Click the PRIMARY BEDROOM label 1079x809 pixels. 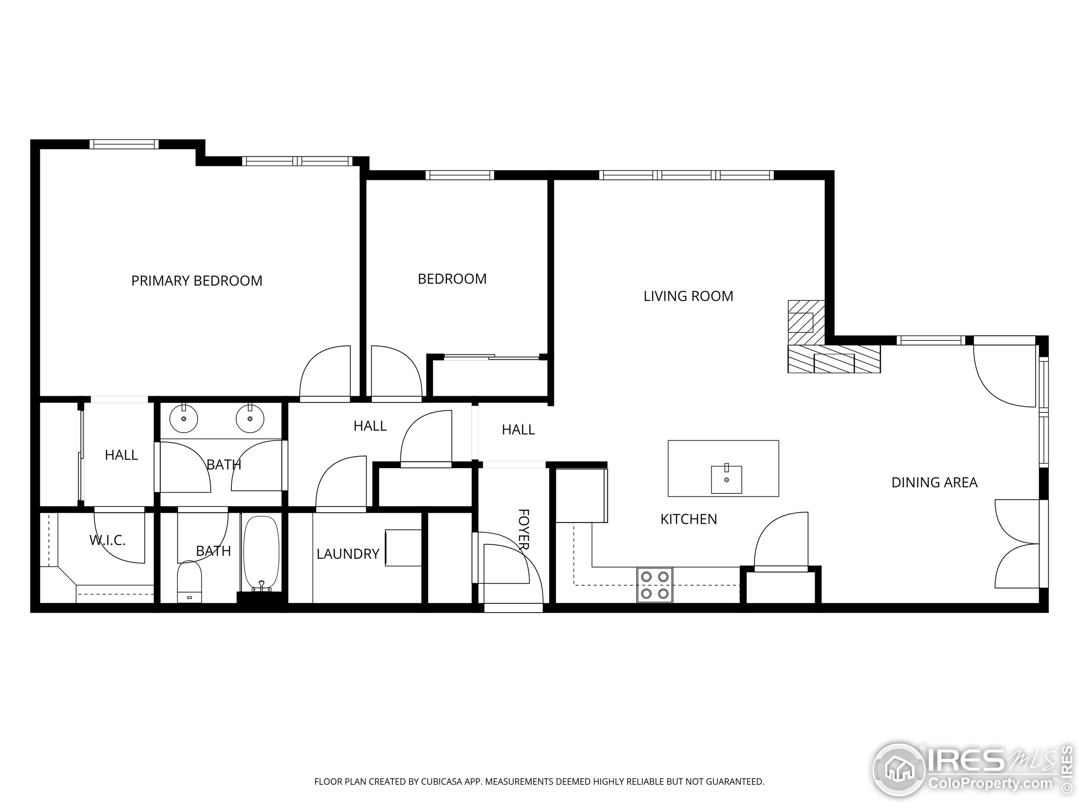[x=196, y=281]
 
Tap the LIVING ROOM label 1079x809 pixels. [x=688, y=296]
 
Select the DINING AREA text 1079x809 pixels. [x=934, y=482]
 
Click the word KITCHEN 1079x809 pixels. [x=688, y=520]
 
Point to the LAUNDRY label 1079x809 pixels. [x=348, y=554]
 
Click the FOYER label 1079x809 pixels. [x=523, y=530]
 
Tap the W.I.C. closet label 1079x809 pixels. [x=107, y=540]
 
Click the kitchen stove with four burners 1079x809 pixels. [x=654, y=585]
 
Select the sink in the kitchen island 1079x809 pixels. [x=726, y=480]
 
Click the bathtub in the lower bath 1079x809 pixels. [x=261, y=554]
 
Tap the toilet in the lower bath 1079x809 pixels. [x=189, y=582]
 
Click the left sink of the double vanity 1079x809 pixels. [x=183, y=418]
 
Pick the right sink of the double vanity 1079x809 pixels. [x=250, y=418]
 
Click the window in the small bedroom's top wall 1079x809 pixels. [x=459, y=175]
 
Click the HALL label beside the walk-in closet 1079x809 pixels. [x=121, y=455]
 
